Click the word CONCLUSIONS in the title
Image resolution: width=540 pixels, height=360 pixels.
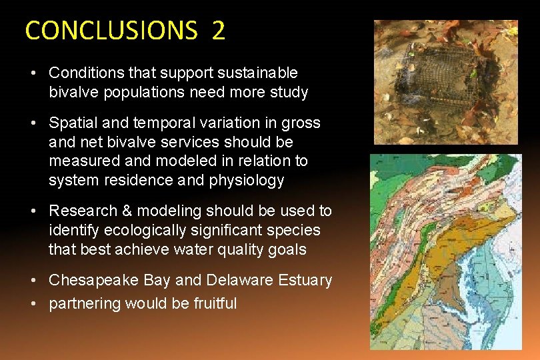point(111,31)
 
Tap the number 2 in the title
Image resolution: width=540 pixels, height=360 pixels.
point(218,31)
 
